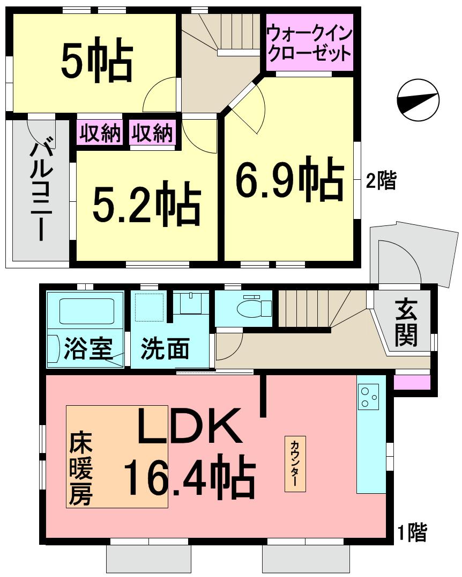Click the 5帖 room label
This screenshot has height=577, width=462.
pyautogui.click(x=96, y=61)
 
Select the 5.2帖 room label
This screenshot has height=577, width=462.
pyautogui.click(x=146, y=204)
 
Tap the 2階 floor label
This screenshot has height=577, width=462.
pyautogui.click(x=381, y=181)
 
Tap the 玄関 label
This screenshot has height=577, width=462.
pyautogui.click(x=407, y=323)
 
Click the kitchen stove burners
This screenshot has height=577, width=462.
pyautogui.click(x=368, y=397)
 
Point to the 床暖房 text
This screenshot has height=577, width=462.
pyautogui.click(x=80, y=470)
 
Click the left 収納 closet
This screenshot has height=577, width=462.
pyautogui.click(x=101, y=133)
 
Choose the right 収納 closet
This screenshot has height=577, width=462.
pyautogui.click(x=153, y=133)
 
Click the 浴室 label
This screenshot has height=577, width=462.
pyautogui.click(x=88, y=348)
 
